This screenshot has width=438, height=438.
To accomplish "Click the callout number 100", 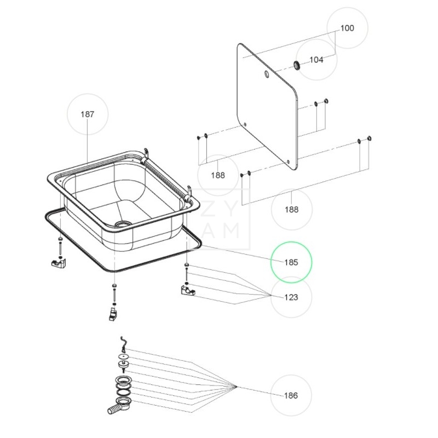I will click(347, 28).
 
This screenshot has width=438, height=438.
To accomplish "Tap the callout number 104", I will click(316, 60).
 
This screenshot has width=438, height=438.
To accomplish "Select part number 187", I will click(88, 114).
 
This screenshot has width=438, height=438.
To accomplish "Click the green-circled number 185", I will click(291, 262).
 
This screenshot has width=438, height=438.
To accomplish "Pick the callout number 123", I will click(291, 297).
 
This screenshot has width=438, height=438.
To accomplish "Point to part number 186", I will click(291, 395).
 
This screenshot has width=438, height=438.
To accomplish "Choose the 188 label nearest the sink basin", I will click(218, 175).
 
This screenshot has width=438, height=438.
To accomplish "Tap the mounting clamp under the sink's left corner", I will click(57, 264).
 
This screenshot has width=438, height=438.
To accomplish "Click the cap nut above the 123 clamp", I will click(187, 266).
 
